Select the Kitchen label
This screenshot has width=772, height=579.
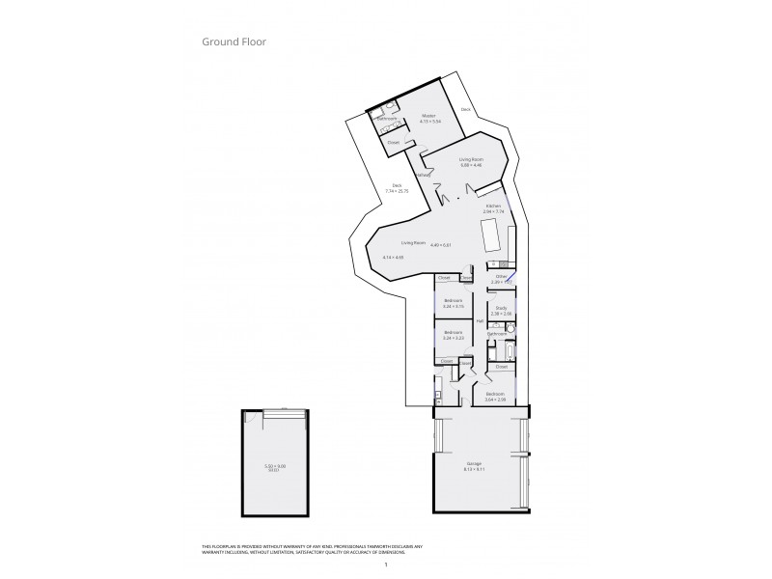493,206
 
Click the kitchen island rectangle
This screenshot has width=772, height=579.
490,236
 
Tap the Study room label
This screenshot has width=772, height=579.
501,309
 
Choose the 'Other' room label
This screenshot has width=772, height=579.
501,277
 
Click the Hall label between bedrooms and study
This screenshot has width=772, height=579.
480,321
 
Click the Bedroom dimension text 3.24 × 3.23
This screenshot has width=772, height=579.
454,339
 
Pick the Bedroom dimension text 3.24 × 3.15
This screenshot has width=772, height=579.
454,306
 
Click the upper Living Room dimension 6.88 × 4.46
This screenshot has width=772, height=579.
471,165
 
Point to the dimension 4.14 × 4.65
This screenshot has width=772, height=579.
393,258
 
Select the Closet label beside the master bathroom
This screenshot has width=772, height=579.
394,143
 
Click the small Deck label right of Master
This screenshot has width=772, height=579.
466,109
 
